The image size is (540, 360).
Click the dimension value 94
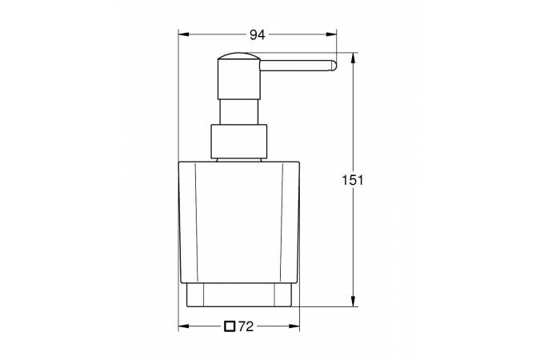click(258, 34)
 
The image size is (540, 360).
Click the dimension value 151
click(353, 180)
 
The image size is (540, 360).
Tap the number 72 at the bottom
click(246, 326)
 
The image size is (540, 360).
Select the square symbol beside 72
click(230, 326)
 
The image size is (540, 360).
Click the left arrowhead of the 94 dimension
click(183, 34)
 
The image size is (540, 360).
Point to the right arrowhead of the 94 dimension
click(331, 34)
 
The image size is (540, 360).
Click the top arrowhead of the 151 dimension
click(353, 58)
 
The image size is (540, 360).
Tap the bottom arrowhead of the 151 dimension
click(353, 301)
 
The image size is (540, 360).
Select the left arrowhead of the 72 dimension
click(183, 326)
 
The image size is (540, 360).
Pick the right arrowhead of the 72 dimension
click(294, 326)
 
